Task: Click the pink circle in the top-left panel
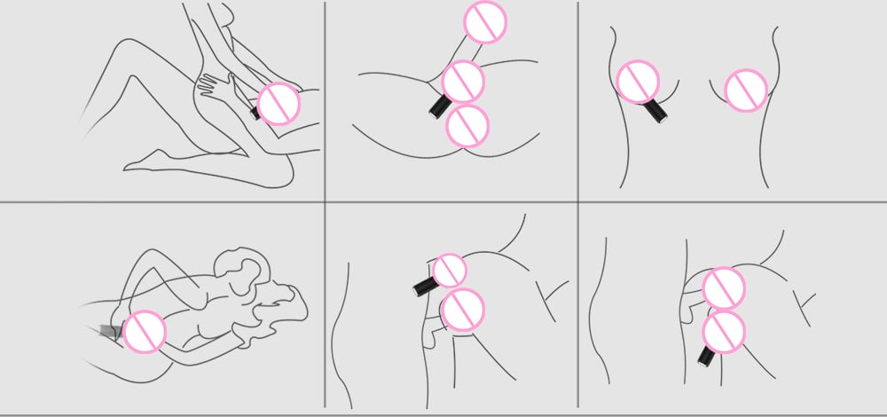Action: pyautogui.click(x=279, y=103)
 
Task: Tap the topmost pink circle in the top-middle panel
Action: pyautogui.click(x=485, y=22)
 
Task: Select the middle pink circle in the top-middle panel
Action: pyautogui.click(x=462, y=82)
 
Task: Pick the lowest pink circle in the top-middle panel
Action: pyautogui.click(x=467, y=125)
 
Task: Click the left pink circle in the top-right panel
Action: pyautogui.click(x=637, y=82)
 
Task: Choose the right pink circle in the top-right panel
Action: pyautogui.click(x=746, y=90)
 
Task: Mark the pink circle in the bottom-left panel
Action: pyautogui.click(x=145, y=332)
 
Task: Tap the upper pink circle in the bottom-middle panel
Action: pyautogui.click(x=450, y=270)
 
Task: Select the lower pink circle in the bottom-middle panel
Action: pyautogui.click(x=462, y=310)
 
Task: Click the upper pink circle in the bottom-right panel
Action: pyautogui.click(x=724, y=288)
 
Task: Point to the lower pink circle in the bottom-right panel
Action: pyautogui.click(x=724, y=331)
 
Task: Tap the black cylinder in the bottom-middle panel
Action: pyautogui.click(x=425, y=286)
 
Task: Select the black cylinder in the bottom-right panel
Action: pyautogui.click(x=707, y=357)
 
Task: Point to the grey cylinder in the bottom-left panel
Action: pyautogui.click(x=111, y=331)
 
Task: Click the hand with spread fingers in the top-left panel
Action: pyautogui.click(x=213, y=84)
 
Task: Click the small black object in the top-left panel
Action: pyautogui.click(x=255, y=113)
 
